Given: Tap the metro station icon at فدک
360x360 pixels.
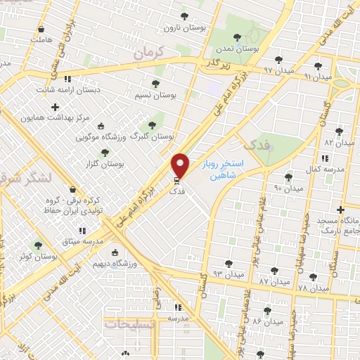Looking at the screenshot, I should pyautogui.click(x=176, y=180).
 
